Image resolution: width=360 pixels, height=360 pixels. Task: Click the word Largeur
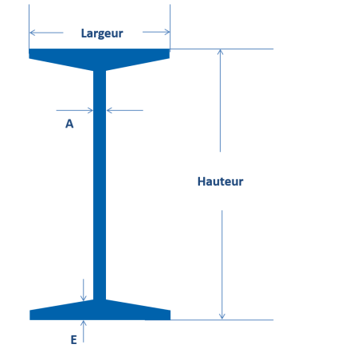point(102,33)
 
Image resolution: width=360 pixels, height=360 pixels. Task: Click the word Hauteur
point(221,182)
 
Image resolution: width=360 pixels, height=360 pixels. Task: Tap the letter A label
point(69,124)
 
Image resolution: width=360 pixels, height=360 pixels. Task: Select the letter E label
point(74,340)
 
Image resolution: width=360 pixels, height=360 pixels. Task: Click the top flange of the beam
point(100,57)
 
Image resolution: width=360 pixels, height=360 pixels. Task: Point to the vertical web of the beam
point(100,185)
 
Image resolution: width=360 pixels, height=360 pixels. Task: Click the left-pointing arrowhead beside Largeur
point(33,33)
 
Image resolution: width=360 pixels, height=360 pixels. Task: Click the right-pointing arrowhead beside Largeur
point(166,32)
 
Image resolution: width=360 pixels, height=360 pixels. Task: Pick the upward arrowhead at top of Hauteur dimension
point(220,52)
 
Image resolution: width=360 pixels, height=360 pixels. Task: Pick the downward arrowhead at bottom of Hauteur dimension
point(222,316)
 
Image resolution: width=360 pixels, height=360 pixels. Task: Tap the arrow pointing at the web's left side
point(75,110)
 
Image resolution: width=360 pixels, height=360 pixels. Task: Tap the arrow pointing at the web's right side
point(125,110)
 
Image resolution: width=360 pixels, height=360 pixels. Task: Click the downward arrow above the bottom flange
point(84,290)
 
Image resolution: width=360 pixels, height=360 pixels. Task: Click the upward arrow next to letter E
point(84,331)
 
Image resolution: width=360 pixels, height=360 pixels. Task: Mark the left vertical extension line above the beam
point(29,26)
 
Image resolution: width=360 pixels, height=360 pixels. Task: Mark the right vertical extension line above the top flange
point(170,26)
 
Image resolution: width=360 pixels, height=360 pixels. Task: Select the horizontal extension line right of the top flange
point(221,49)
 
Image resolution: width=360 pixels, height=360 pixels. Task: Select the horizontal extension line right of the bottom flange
point(222,320)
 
